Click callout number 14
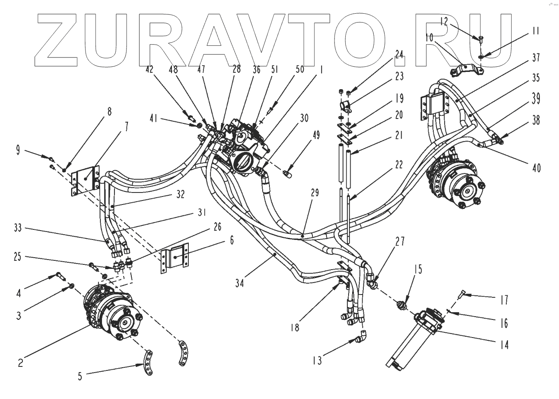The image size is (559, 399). (504, 344)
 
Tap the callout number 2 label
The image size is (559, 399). (20, 362)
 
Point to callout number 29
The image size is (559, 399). (314, 193)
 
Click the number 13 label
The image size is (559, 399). (317, 360)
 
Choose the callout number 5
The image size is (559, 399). (80, 376)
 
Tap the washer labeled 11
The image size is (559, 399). (481, 57)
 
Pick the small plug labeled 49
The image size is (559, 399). (287, 174)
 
